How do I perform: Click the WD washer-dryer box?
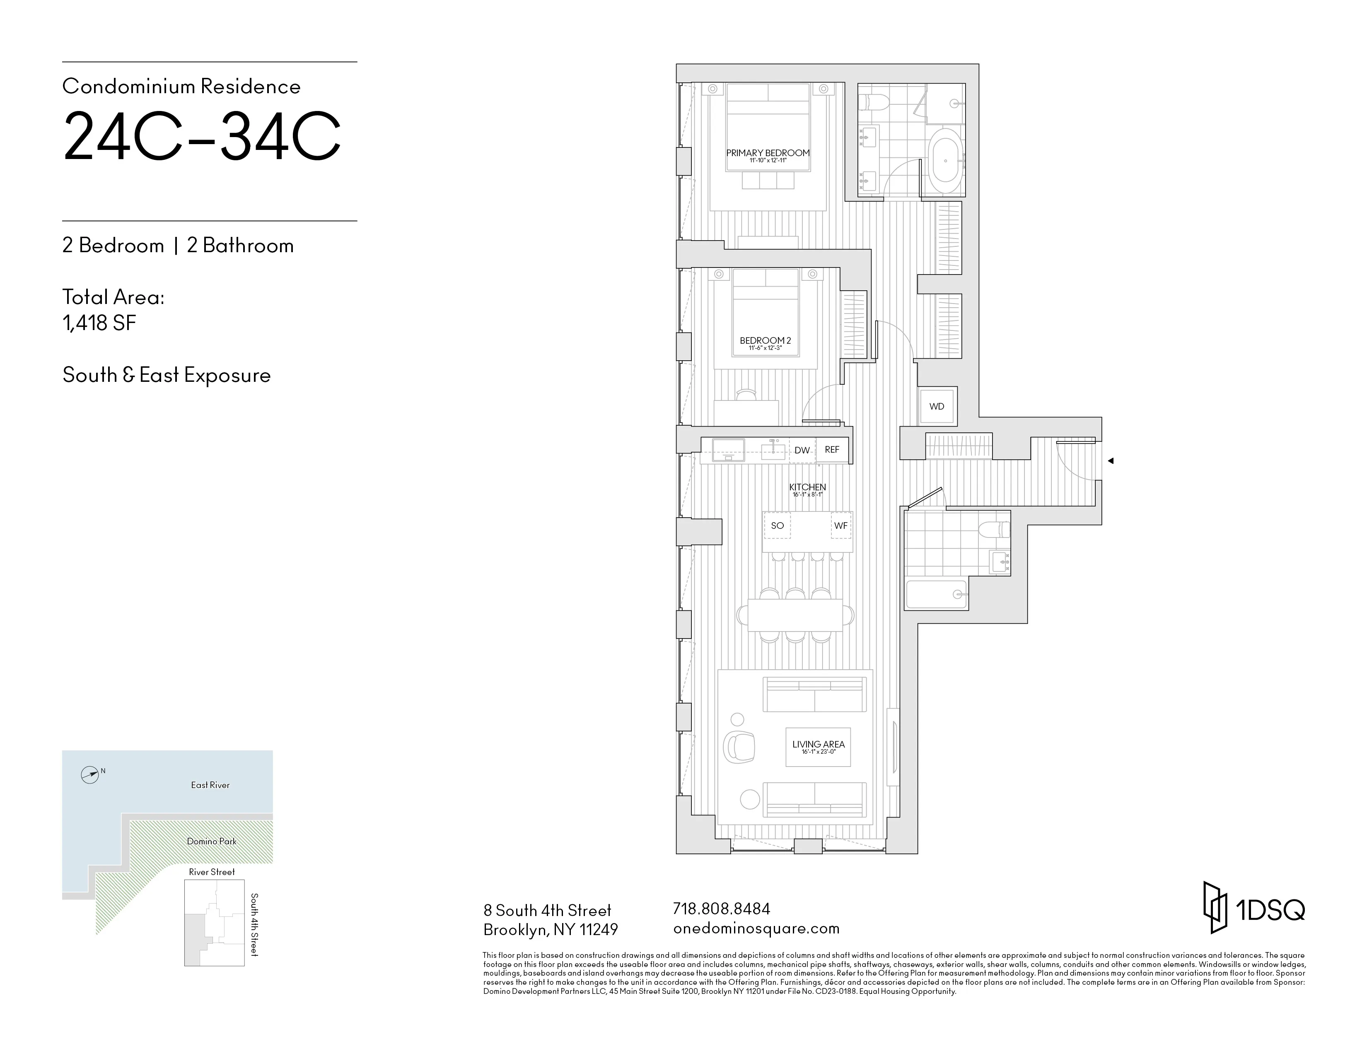click(936, 407)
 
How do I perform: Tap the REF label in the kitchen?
click(832, 450)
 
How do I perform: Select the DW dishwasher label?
click(802, 451)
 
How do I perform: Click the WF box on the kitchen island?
click(840, 526)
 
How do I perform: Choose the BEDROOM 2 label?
click(765, 341)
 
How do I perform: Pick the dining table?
click(795, 615)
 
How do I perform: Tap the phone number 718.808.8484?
click(721, 908)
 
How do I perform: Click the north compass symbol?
click(90, 775)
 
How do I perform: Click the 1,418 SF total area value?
click(99, 323)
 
